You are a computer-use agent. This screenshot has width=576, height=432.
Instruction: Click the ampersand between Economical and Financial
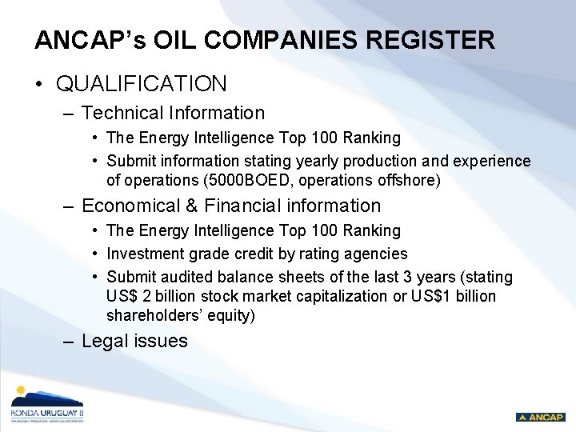[x=191, y=206]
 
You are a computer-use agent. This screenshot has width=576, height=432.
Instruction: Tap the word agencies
[x=376, y=254]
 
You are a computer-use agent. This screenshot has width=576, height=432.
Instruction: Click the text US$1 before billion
[x=435, y=296]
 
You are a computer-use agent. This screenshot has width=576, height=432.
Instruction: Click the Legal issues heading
[x=134, y=341]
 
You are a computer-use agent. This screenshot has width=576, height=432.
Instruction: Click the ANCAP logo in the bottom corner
[x=540, y=417]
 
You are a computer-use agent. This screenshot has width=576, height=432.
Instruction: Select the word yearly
[x=301, y=161]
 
